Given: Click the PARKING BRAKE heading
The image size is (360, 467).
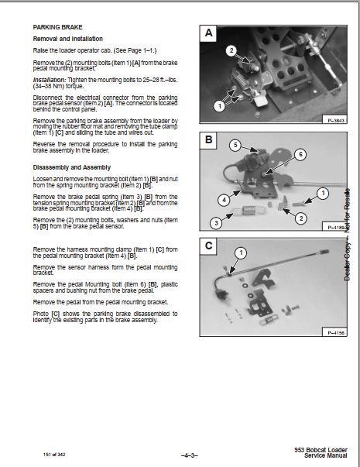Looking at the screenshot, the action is click(x=57, y=27).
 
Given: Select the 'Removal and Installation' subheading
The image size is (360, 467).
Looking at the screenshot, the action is click(x=67, y=39).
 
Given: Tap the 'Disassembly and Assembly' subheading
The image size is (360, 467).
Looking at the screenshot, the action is click(x=71, y=167).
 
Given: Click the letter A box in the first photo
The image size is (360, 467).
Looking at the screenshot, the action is click(x=208, y=33).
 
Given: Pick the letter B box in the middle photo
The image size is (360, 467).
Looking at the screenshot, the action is click(x=208, y=139).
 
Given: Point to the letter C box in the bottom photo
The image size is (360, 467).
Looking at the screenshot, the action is click(x=208, y=246).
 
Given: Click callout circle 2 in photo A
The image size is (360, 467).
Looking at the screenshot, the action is click(x=231, y=51).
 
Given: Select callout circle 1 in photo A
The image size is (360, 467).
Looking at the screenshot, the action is click(x=219, y=106).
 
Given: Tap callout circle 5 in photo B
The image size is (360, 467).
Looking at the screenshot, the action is click(x=235, y=145).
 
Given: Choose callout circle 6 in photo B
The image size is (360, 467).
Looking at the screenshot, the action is click(x=300, y=154).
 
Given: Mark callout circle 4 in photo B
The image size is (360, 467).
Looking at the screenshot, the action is click(x=224, y=200).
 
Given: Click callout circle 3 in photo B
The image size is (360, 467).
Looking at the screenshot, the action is click(x=216, y=223).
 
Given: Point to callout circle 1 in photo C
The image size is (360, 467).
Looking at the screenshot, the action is click(x=241, y=253).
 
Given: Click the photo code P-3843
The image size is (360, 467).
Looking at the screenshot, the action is click(x=335, y=121).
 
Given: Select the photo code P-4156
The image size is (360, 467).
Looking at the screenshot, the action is click(x=335, y=333).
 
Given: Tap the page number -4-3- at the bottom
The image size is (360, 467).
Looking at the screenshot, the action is click(x=190, y=455).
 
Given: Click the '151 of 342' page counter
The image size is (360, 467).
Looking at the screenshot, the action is click(x=54, y=455).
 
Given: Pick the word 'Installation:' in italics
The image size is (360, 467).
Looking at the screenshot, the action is click(x=50, y=80).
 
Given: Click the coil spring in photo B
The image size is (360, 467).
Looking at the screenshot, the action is click(x=249, y=211).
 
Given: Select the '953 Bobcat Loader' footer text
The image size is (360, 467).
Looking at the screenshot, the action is click(x=321, y=450).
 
